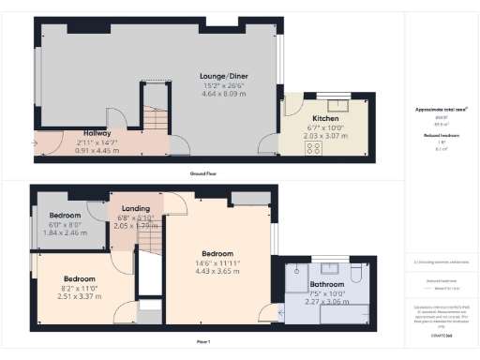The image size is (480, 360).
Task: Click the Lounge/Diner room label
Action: pyautogui.click(x=222, y=76)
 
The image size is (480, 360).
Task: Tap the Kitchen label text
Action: pyautogui.click(x=325, y=118)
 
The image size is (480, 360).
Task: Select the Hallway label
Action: pyautogui.click(x=97, y=133)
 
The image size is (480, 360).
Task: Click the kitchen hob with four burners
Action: pyautogui.click(x=314, y=146)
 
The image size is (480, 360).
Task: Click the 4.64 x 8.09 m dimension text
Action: pyautogui.click(x=222, y=94)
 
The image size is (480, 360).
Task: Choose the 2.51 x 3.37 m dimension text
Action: pyautogui.click(x=79, y=296)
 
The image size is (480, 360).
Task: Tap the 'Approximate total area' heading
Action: pyautogui.click(x=441, y=110)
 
